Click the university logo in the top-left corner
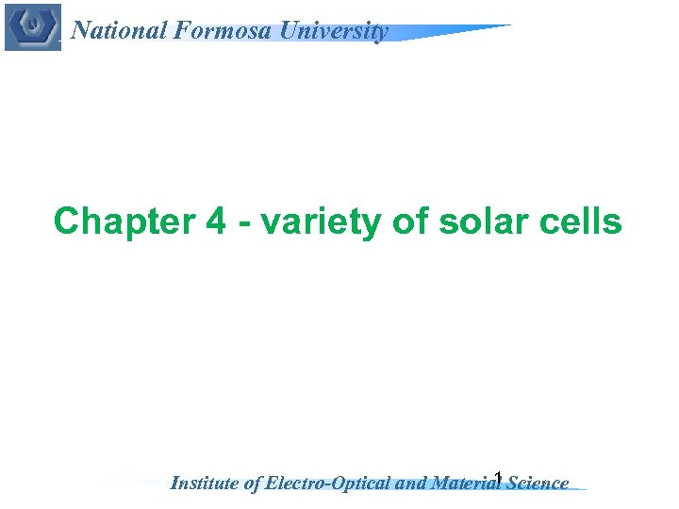(32, 26)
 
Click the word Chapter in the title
(115, 222)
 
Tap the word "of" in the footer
(253, 484)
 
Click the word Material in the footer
(465, 484)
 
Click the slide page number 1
(498, 477)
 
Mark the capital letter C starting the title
(67, 222)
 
